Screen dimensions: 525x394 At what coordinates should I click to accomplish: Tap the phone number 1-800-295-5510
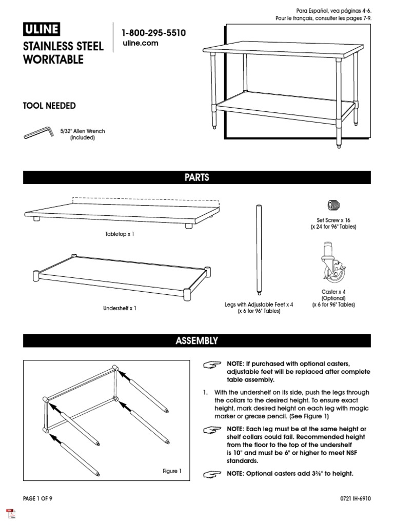pos(153,33)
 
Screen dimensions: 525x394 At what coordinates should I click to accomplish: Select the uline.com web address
pos(140,44)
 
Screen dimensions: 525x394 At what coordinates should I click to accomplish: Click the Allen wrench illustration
pos(38,133)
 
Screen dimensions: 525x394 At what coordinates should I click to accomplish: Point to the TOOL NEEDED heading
pos(49,106)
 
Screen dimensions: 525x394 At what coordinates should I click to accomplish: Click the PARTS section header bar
pos(197,177)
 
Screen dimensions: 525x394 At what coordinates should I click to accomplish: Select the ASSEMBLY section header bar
pos(197,340)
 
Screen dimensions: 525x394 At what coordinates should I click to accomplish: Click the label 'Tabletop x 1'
pos(119,234)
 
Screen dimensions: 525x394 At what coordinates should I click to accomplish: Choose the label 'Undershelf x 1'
pos(119,308)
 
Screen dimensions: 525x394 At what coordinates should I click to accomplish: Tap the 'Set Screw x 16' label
pos(333,220)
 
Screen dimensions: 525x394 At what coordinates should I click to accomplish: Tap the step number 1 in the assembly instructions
pos(206,392)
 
